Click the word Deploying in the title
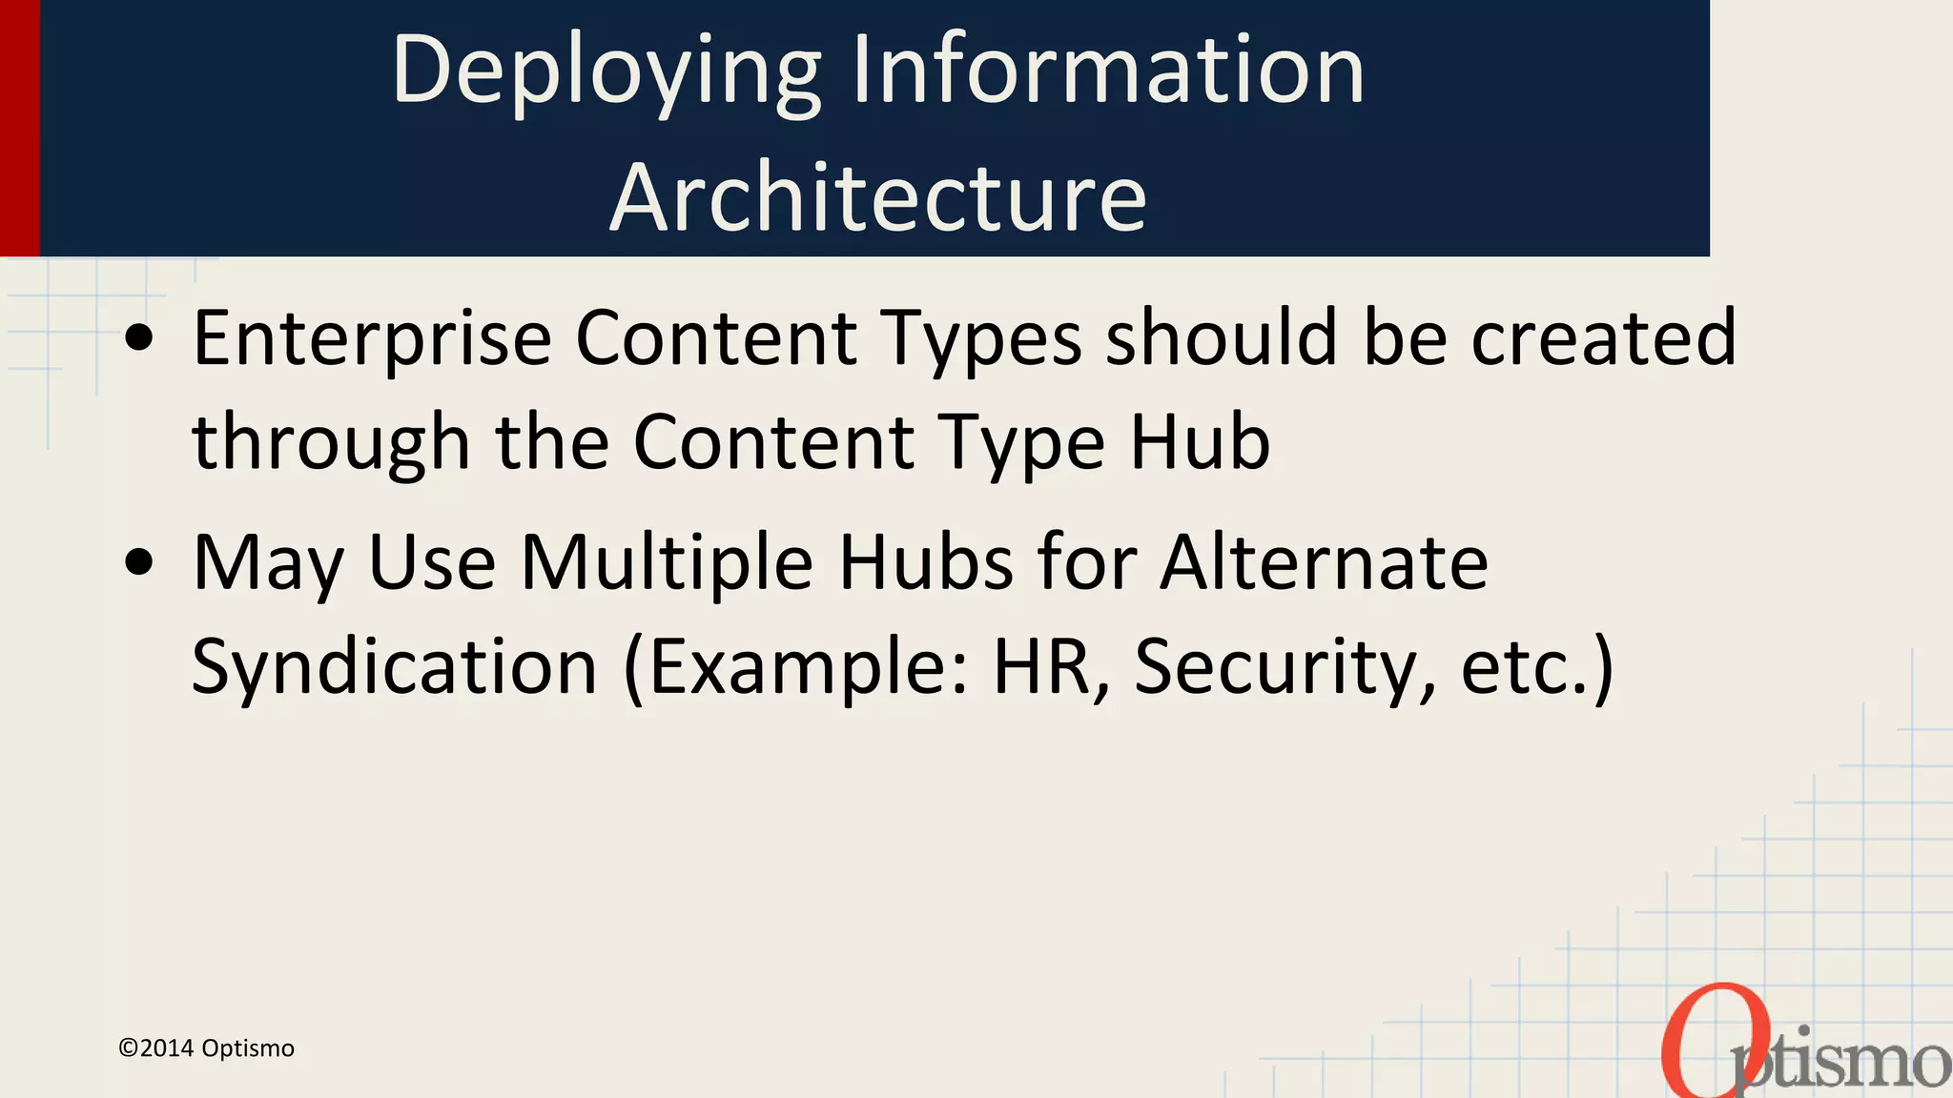point(606,71)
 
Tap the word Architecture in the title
point(877,198)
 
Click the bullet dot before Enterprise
point(139,338)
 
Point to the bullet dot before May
point(139,562)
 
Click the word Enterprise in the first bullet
point(372,338)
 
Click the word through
point(331,443)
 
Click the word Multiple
point(667,563)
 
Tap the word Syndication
point(394,667)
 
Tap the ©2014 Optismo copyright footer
point(206,1048)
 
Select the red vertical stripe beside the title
point(19,128)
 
